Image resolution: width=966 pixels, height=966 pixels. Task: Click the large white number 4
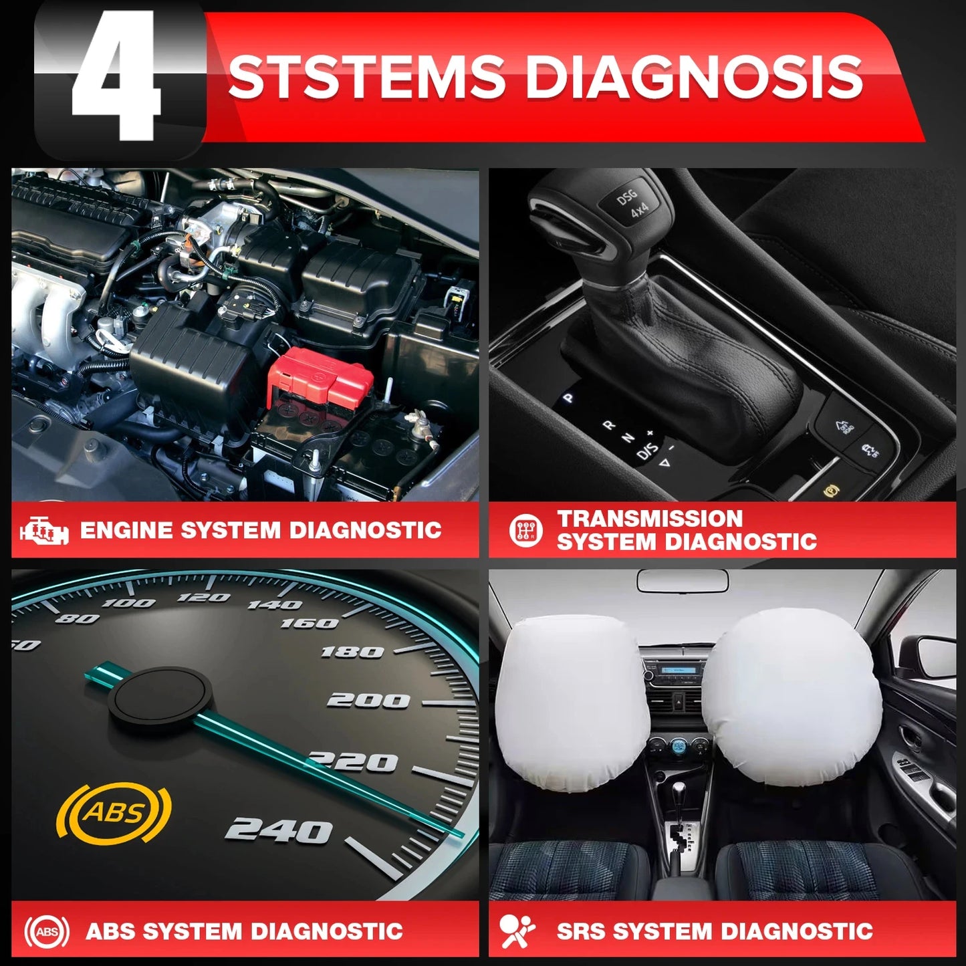pyautogui.click(x=117, y=77)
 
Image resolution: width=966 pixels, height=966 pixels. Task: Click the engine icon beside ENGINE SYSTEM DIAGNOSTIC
pyautogui.click(x=44, y=531)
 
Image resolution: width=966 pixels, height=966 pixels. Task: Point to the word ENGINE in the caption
pyautogui.click(x=126, y=531)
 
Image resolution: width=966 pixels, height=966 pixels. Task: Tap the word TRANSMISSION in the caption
pyautogui.click(x=650, y=519)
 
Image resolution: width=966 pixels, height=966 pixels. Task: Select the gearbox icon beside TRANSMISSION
pyautogui.click(x=525, y=531)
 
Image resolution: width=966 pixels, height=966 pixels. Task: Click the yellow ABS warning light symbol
pyautogui.click(x=114, y=812)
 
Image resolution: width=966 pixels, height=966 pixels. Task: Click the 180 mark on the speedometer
pyautogui.click(x=352, y=652)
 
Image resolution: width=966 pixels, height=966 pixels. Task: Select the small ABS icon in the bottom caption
pyautogui.click(x=47, y=931)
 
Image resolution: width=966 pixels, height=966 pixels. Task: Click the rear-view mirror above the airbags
pyautogui.click(x=682, y=580)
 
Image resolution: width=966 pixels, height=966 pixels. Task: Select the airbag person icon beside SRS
pyautogui.click(x=517, y=931)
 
